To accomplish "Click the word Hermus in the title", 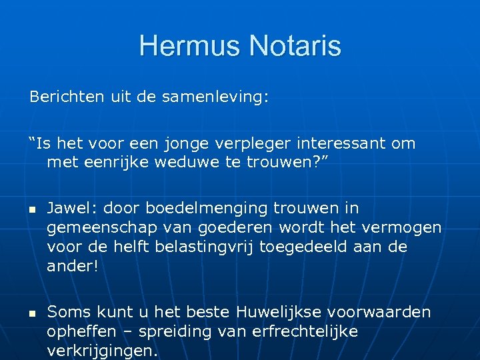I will [x=191, y=47].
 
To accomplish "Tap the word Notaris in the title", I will [x=295, y=47].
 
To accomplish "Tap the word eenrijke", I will [x=110, y=162].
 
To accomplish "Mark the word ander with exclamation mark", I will [x=72, y=265].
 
